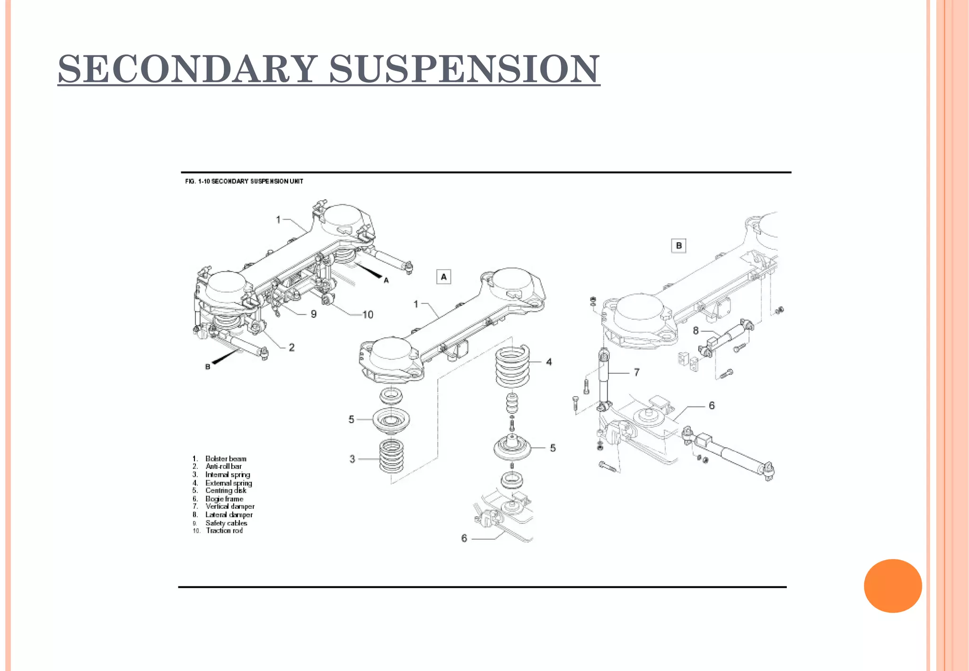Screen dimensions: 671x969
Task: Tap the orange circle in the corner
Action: point(892,586)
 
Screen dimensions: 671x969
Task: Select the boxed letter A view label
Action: point(443,277)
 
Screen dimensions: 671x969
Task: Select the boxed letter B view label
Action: point(678,246)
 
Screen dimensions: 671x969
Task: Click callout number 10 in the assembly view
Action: point(368,315)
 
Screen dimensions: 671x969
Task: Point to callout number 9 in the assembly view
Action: point(313,314)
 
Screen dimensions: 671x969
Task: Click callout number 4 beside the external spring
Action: point(549,362)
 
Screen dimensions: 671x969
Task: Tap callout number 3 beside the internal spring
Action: point(352,459)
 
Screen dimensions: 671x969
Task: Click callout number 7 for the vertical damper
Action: point(636,372)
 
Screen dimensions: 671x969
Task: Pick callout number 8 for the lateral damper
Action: point(696,331)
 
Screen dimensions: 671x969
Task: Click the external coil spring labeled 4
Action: point(512,367)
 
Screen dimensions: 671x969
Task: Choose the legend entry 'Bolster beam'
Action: point(226,459)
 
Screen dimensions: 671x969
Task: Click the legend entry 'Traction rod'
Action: point(224,530)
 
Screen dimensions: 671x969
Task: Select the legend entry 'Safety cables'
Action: point(226,523)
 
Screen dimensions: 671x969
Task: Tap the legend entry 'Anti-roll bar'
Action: point(223,466)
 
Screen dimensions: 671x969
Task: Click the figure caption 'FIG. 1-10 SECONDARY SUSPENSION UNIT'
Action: point(244,181)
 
